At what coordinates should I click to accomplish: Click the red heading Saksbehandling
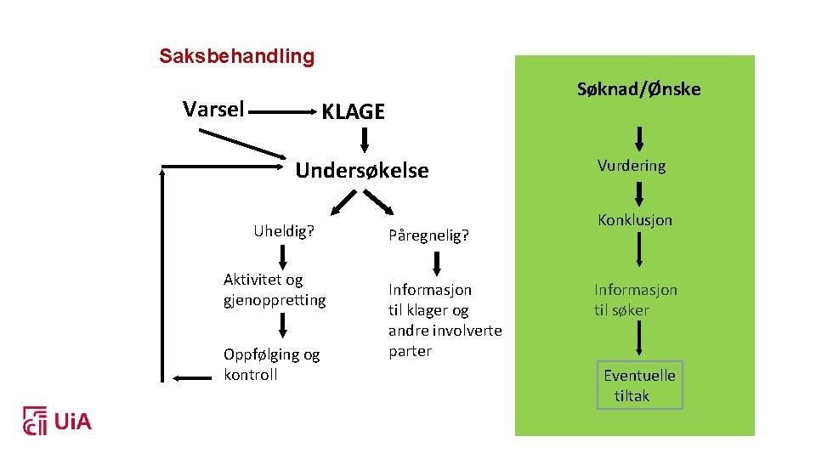236,57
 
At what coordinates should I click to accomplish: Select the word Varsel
213,109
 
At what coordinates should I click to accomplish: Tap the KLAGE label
353,111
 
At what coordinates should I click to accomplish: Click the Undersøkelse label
361,171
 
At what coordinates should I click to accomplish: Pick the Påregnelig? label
428,235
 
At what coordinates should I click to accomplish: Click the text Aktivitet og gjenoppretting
274,290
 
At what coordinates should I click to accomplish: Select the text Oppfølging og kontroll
271,365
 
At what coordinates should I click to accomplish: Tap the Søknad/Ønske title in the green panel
638,88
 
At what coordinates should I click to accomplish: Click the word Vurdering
631,166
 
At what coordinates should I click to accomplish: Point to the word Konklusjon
634,219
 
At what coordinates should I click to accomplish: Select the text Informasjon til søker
635,300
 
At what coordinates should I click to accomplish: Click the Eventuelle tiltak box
639,385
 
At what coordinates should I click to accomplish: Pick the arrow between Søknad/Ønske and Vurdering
639,137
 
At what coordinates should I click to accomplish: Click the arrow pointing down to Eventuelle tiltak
639,342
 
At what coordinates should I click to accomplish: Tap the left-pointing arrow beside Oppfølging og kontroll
191,377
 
